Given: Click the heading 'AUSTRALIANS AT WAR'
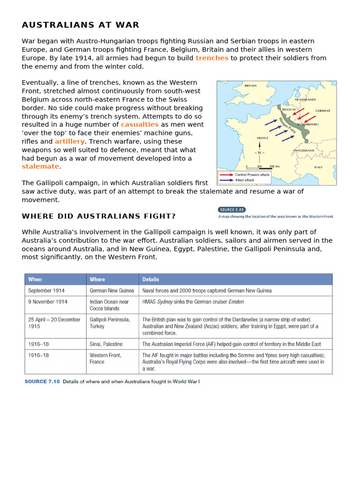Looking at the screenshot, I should (x=80, y=25).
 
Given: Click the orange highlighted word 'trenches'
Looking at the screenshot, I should (x=212, y=58).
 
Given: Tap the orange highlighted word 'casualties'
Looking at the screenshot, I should (x=140, y=125).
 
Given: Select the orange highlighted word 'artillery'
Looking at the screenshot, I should (x=70, y=142).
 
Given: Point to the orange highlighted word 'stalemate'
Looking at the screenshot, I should (x=40, y=167).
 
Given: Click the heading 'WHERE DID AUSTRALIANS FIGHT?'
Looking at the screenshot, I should (x=99, y=216).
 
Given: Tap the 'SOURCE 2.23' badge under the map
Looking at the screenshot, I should (x=232, y=210).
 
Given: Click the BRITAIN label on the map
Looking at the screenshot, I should (x=250, y=86).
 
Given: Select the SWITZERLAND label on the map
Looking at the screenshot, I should (x=303, y=150).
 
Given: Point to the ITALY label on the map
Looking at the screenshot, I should (x=318, y=167).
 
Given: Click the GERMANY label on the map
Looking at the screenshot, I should (x=322, y=111).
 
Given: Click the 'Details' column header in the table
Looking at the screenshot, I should (x=151, y=279).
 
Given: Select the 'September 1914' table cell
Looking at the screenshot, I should (x=46, y=291).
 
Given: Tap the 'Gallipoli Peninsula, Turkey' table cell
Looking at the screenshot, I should (x=110, y=323).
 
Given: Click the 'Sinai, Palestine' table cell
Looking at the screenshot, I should (x=106, y=344).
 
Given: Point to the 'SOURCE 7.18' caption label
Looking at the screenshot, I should (x=42, y=382).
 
